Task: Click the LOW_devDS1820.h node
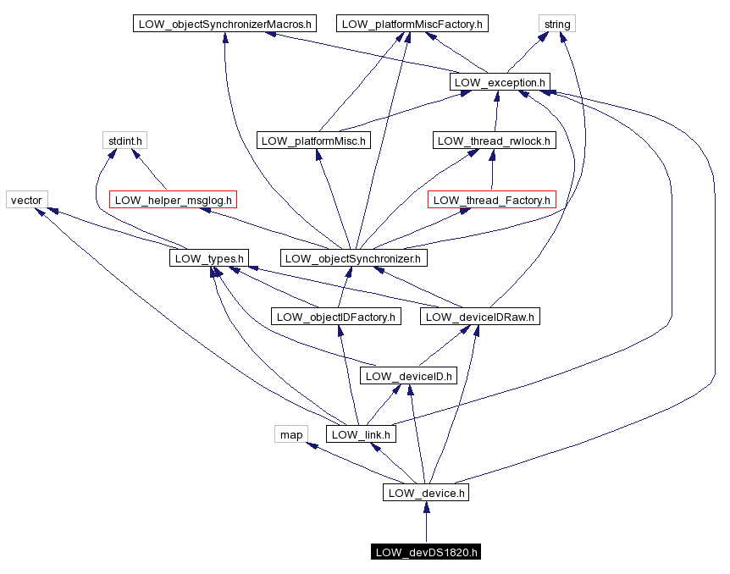point(426,553)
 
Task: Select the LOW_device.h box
point(426,492)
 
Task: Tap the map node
point(291,434)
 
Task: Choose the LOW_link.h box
point(362,434)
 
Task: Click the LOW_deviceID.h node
point(409,375)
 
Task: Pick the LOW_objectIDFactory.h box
point(336,317)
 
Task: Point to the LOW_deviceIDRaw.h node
point(479,317)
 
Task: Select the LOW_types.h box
point(208,258)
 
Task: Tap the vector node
point(27,200)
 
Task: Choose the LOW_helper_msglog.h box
point(173,200)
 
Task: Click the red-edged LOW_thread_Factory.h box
point(492,200)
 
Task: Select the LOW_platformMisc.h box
point(313,141)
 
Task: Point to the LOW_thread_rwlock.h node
point(494,141)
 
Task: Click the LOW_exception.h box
point(500,82)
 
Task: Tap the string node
point(556,24)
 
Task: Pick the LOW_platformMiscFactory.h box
point(412,24)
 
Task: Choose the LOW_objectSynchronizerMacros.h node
point(224,24)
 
